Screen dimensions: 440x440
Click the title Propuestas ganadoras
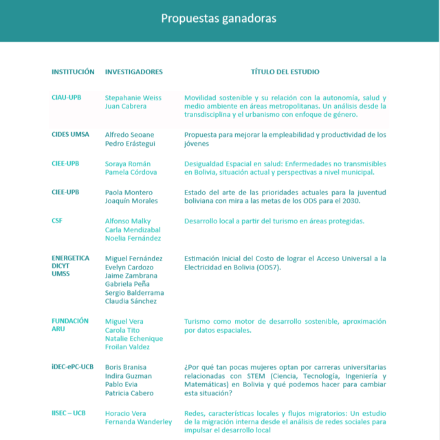coord(219,19)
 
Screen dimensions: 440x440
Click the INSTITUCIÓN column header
coord(73,71)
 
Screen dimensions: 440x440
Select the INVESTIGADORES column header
coord(133,71)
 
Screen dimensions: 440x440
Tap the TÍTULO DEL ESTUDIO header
coord(285,71)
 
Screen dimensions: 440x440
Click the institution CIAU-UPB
coord(66,98)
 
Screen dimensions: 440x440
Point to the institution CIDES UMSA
coord(70,135)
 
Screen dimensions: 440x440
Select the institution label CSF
coord(57,221)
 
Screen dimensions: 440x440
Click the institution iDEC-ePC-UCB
coord(72,367)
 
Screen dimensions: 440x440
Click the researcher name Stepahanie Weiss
coord(133,98)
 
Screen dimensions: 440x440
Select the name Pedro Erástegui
coord(131,144)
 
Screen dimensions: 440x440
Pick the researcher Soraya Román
coord(128,164)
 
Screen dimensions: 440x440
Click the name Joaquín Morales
coord(131,201)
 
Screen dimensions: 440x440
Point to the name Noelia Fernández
coord(133,238)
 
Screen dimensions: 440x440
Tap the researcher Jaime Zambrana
coord(131,276)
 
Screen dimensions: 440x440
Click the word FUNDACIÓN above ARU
coord(70,321)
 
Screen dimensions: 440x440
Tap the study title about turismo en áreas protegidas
coord(274,221)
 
